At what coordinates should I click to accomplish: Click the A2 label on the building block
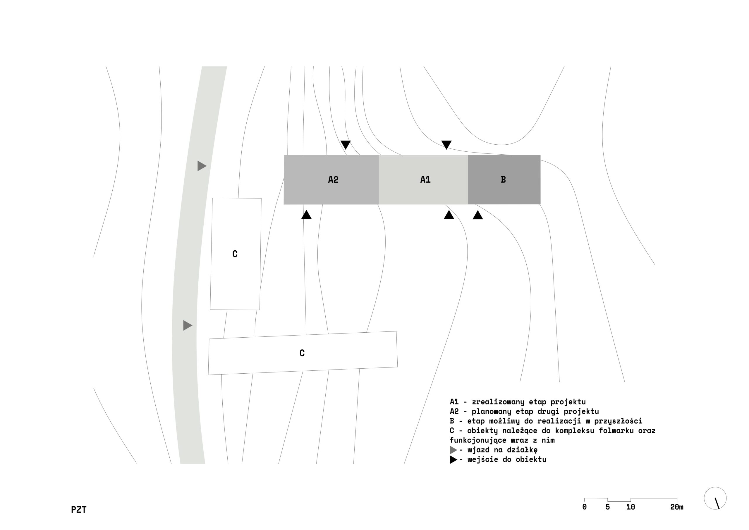coord(333,179)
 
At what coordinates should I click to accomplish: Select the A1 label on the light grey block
coord(425,179)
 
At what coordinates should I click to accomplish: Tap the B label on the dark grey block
coord(503,179)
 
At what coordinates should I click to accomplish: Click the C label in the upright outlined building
coord(235,254)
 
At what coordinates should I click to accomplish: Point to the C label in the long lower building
coord(302,353)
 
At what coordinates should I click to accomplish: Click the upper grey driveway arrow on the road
coord(201,166)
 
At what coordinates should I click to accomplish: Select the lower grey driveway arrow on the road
coord(187,325)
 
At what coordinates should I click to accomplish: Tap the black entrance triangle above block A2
coord(346,144)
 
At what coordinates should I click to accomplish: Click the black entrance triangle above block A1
coord(446,144)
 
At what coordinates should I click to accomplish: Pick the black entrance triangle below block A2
coord(306,215)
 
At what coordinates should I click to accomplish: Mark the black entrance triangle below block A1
coord(449,215)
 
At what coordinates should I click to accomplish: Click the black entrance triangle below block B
coord(477,215)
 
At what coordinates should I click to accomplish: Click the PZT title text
coord(79,510)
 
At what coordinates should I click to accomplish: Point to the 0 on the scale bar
coord(584,507)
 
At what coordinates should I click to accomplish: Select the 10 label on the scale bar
coord(631,507)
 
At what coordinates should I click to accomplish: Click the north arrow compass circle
coord(715,498)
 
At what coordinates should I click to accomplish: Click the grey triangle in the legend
coord(453,450)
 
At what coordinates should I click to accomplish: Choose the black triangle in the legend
coord(453,460)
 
